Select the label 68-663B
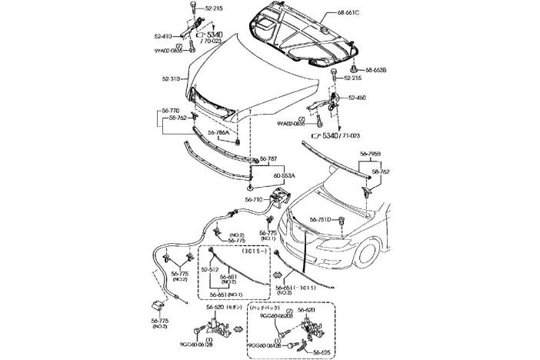[375, 70]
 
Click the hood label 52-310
[172, 78]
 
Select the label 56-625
[322, 351]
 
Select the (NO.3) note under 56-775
[160, 326]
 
